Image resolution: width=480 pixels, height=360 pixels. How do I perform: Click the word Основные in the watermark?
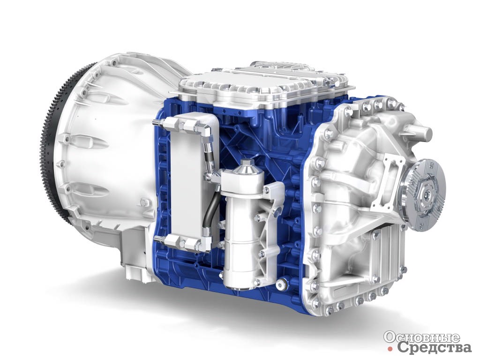[x=422, y=337]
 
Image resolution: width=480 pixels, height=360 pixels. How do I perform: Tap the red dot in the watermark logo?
[x=390, y=349]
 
